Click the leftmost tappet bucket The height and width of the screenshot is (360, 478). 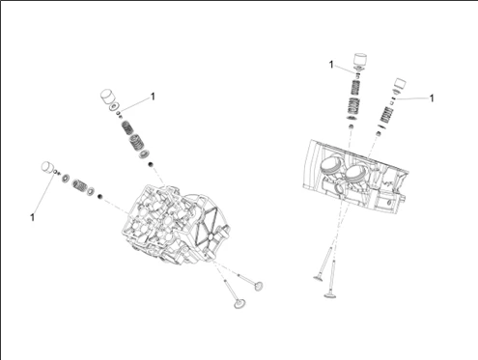pos(47,167)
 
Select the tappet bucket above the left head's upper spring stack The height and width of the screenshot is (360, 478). pos(107,96)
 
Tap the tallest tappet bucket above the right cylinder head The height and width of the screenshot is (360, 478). pos(360,60)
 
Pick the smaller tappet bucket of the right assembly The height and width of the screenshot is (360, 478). pos(400,83)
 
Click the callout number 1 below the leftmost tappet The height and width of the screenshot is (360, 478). pos(32,217)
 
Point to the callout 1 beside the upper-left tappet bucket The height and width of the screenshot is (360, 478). pos(153,97)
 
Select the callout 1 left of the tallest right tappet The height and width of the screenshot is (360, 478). pos(331,65)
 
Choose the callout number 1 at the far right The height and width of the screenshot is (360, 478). pos(432,97)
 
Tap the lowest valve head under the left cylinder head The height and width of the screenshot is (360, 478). pos(239,303)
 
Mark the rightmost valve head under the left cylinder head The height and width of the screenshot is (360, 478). pos(258,286)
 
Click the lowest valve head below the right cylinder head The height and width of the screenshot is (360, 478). pos(329,294)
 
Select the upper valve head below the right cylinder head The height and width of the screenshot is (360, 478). pos(320,277)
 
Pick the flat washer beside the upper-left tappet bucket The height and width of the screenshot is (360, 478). pos(114,106)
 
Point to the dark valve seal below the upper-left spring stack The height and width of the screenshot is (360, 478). pos(151,165)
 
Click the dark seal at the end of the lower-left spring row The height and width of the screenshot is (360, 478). pos(100,196)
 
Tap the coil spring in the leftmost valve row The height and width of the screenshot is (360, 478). pos(79,184)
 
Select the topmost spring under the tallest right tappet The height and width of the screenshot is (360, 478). pos(354,87)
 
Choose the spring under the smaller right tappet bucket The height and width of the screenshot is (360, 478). pos(386,116)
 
